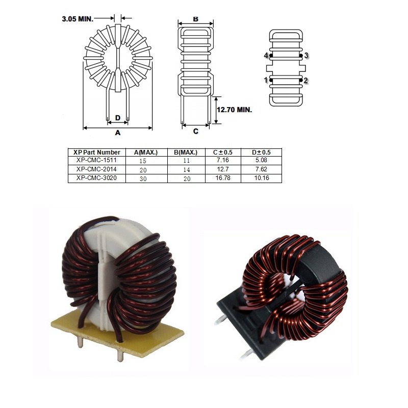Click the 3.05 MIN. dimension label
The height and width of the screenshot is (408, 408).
(78, 19)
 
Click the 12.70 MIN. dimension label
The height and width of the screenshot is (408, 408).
(235, 110)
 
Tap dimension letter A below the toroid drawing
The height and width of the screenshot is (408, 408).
(118, 133)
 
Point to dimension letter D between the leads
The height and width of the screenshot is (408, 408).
(118, 118)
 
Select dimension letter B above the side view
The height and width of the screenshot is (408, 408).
(196, 19)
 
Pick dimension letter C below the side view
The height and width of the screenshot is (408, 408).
(196, 131)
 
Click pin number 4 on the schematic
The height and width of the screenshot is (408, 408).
(266, 56)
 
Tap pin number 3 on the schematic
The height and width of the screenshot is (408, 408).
(307, 56)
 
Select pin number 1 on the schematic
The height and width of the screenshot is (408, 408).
(266, 80)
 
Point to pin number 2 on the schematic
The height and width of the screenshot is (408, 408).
(305, 81)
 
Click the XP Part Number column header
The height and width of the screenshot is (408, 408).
(97, 152)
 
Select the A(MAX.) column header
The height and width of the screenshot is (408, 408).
(146, 152)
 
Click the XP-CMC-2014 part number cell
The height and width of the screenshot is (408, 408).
(96, 169)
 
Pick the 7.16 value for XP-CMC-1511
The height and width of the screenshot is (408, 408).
(223, 160)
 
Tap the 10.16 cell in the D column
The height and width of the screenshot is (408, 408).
(262, 178)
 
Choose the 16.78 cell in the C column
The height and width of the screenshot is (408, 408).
(223, 178)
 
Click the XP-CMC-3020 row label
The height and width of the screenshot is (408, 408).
(96, 178)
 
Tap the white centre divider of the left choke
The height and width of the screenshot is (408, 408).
(105, 276)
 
